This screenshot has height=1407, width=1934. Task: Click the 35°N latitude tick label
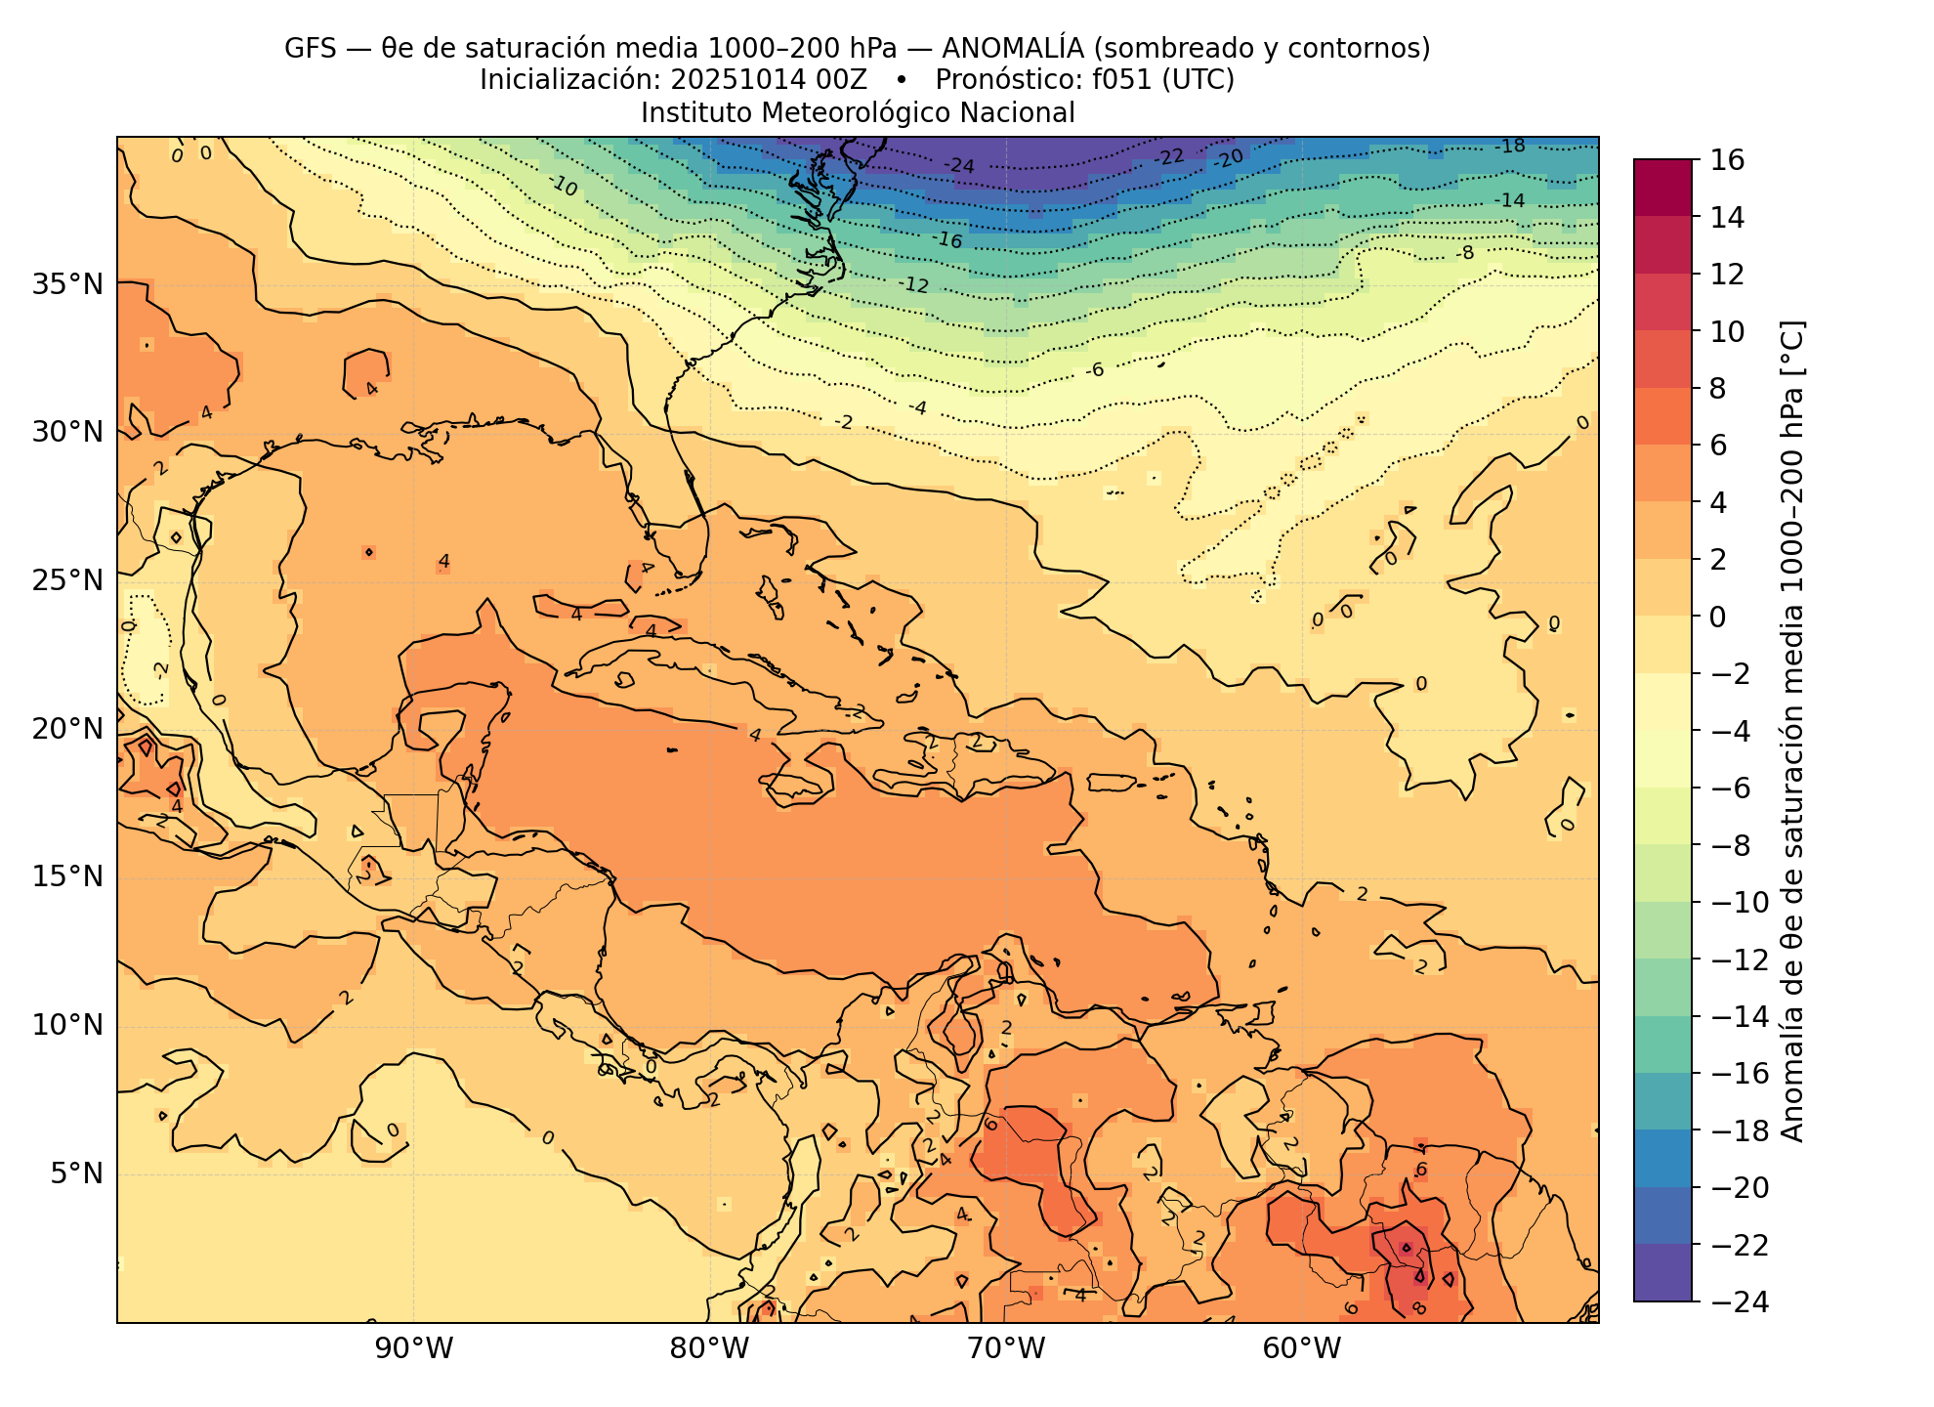pyautogui.click(x=67, y=284)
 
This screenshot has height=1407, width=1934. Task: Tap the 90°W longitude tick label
pyautogui.click(x=414, y=1349)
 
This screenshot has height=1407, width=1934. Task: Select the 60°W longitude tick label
pyautogui.click(x=1301, y=1349)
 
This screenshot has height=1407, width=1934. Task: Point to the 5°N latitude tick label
pyautogui.click(x=74, y=1172)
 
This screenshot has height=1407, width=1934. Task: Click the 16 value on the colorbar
pyautogui.click(x=1728, y=160)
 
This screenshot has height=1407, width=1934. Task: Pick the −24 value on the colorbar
pyautogui.click(x=1740, y=1301)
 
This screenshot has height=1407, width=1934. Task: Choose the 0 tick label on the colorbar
pyautogui.click(x=1717, y=617)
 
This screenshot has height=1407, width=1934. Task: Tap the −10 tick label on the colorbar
pyautogui.click(x=1740, y=902)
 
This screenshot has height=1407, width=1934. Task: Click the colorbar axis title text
pyautogui.click(x=1792, y=731)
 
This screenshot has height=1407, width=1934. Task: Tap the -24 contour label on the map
pyautogui.click(x=959, y=166)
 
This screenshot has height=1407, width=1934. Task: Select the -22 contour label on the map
pyautogui.click(x=1169, y=156)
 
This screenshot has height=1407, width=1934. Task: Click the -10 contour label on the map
pyautogui.click(x=563, y=185)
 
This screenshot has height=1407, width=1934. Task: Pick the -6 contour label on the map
pyautogui.click(x=1094, y=369)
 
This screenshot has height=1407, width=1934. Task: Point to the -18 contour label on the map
pyautogui.click(x=1510, y=147)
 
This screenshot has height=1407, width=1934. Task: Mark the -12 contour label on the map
pyautogui.click(x=914, y=285)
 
